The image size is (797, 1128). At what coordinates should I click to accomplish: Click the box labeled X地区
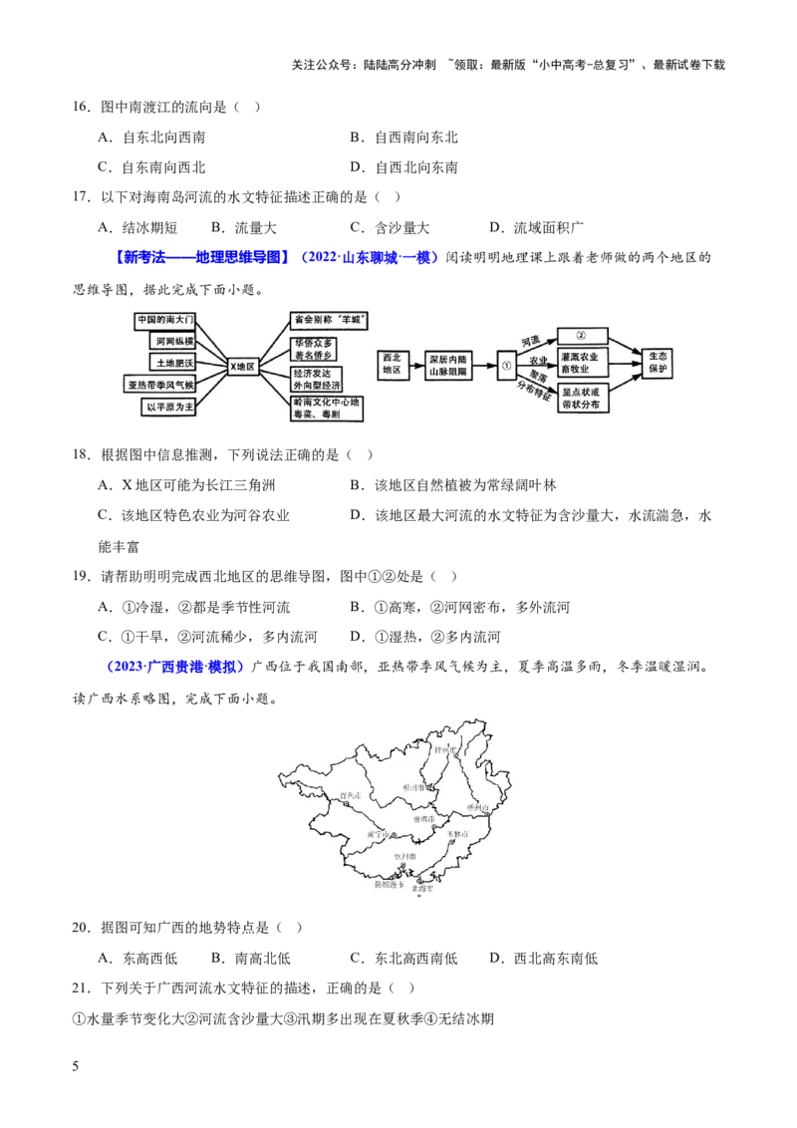tap(242, 367)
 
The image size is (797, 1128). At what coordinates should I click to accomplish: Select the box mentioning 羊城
tap(330, 320)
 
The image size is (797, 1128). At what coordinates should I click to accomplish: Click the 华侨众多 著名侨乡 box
tap(316, 347)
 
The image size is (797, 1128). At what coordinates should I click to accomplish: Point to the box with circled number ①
tap(506, 365)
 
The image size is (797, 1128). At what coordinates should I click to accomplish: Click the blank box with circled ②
tap(584, 334)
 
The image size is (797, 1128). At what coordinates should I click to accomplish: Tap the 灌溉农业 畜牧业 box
tap(584, 362)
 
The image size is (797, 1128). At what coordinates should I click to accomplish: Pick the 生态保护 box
tap(658, 363)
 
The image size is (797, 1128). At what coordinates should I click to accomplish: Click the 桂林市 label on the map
tap(444, 749)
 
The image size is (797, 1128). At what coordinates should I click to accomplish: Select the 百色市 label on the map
tap(349, 795)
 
